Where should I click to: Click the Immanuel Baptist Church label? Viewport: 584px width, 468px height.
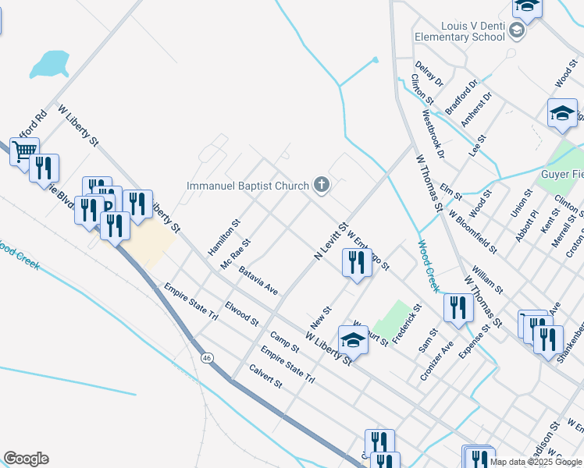click(x=247, y=186)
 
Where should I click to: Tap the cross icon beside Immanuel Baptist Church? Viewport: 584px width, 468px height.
click(x=320, y=185)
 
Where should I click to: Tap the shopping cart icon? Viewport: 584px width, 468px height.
click(x=24, y=151)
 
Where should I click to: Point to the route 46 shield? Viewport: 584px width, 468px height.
click(x=207, y=357)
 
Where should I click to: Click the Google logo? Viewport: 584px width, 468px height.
click(x=26, y=459)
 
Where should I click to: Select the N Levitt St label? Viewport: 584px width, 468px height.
click(x=330, y=242)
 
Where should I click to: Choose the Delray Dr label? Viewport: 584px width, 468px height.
click(x=429, y=74)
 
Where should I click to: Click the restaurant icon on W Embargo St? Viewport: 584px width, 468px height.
click(x=356, y=263)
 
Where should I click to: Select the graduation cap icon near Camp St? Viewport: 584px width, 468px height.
click(x=353, y=340)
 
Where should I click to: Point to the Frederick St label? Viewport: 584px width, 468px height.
click(x=407, y=324)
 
